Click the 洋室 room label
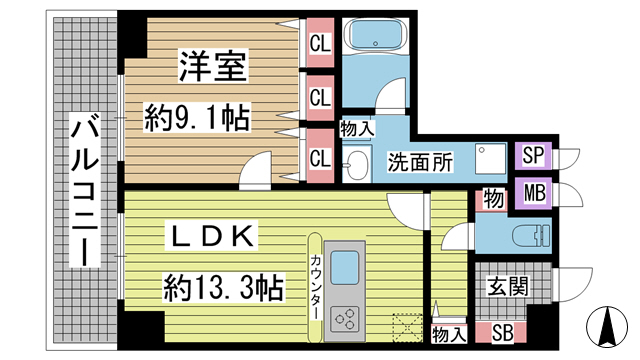[213, 70]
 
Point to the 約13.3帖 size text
[225, 289]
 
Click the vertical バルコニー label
[84, 190]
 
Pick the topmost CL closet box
[320, 43]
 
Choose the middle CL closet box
[320, 98]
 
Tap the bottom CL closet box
[320, 157]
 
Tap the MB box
[532, 191]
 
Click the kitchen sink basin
[347, 268]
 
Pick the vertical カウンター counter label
[315, 285]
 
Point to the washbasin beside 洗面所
[355, 166]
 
